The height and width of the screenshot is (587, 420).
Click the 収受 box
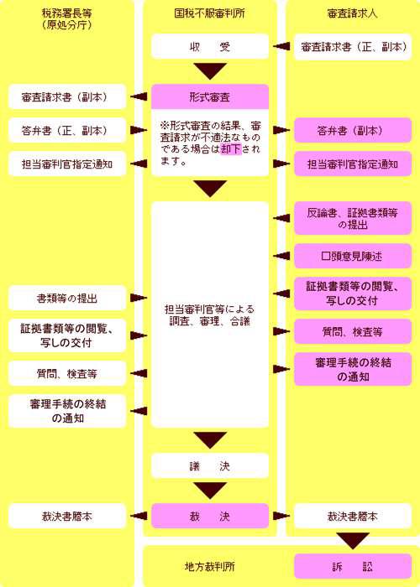point(210,46)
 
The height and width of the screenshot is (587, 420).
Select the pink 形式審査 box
point(210,97)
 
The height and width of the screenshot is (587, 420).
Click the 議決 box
point(210,465)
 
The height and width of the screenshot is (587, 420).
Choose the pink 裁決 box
point(210,516)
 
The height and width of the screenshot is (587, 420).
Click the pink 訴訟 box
point(353,566)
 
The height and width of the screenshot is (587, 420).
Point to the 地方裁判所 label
point(210,566)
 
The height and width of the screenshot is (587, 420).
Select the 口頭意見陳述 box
point(353,256)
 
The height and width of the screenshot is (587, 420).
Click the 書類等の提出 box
point(67,298)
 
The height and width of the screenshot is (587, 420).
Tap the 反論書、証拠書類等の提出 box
point(353,218)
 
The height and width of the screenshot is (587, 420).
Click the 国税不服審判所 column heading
point(210,13)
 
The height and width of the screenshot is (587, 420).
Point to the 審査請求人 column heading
point(353,13)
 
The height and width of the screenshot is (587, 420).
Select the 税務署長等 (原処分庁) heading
point(67,18)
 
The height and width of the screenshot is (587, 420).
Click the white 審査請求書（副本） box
point(67,96)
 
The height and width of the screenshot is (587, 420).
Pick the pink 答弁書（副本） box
point(353,130)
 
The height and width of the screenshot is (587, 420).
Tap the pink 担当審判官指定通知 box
point(353,164)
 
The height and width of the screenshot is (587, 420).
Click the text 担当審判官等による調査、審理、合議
point(210,314)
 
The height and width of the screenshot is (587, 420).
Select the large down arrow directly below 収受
point(210,71)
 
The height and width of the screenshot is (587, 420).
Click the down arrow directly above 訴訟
point(353,541)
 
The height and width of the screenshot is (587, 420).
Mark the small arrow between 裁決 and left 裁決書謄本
point(139,516)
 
